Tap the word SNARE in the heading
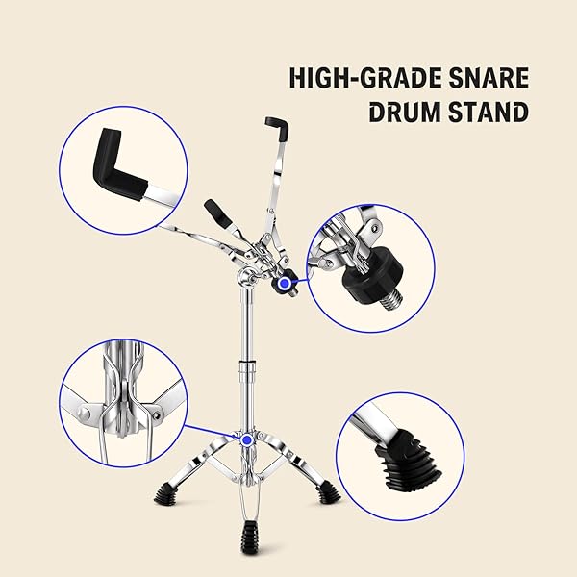[x=489, y=78]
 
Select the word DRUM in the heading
[x=406, y=112]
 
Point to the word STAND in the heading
[x=489, y=112]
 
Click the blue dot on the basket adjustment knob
[x=284, y=284]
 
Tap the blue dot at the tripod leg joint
[x=247, y=440]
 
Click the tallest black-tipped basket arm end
[x=277, y=129]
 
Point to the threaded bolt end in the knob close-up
[x=390, y=298]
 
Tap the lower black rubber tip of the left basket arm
[x=218, y=214]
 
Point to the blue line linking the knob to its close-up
[x=298, y=282]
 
